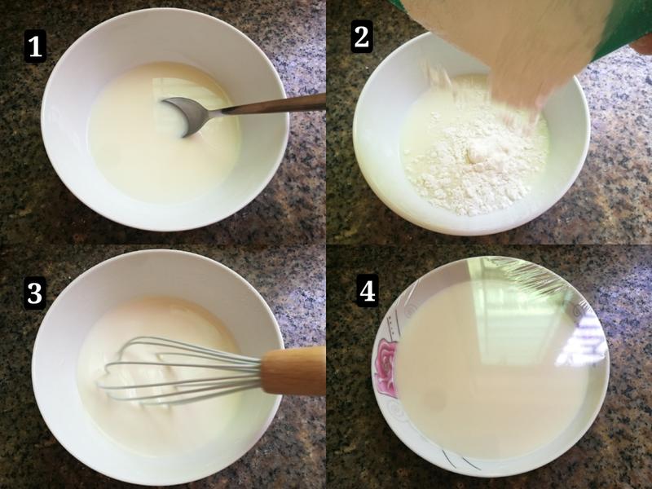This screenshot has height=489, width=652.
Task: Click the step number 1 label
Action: [x=35, y=46]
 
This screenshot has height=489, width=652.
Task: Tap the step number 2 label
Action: [x=361, y=36]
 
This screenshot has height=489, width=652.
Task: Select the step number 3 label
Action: [x=35, y=293]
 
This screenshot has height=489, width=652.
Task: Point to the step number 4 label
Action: [x=368, y=291]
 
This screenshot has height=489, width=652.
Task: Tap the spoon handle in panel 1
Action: [x=274, y=104]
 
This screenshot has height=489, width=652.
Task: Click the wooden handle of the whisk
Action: [x=293, y=371]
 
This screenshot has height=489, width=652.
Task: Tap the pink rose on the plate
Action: [x=386, y=367]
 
